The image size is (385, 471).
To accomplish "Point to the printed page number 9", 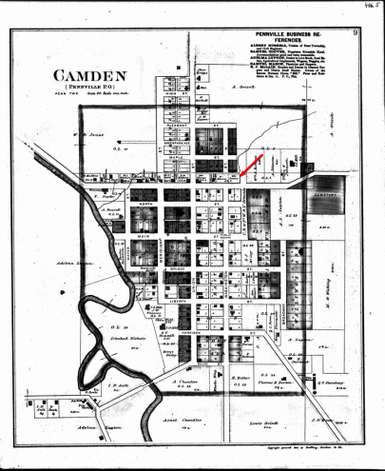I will point(352,34).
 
